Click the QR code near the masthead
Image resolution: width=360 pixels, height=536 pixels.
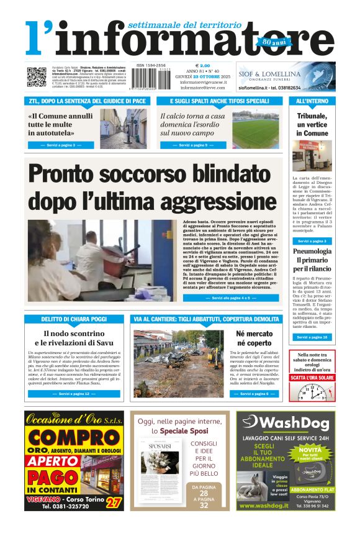36,77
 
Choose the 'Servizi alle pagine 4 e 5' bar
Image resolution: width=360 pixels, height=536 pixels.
230,298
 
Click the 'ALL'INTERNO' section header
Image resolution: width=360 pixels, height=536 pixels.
312,101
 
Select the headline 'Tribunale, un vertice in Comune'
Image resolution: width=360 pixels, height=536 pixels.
312,124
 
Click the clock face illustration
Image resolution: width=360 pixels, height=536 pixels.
312,392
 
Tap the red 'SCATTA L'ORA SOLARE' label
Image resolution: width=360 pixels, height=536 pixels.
312,377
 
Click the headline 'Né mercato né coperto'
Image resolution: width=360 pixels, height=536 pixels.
254,338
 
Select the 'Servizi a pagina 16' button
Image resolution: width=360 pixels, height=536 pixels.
312,337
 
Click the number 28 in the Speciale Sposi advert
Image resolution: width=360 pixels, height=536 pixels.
204,494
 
